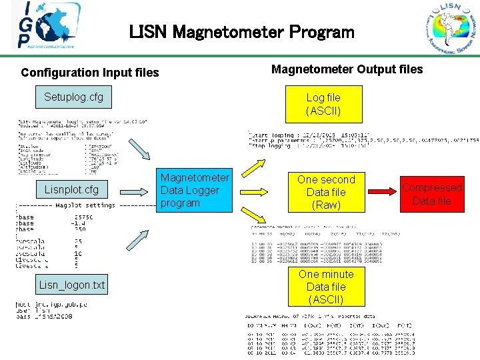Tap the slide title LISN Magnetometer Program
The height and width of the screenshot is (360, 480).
click(242, 31)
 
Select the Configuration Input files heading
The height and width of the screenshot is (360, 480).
click(90, 72)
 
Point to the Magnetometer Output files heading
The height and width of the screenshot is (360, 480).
click(347, 69)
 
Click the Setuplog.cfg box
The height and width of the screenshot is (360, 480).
click(73, 97)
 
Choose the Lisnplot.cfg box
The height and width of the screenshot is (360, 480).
click(71, 189)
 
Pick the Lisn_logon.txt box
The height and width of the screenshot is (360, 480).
click(72, 285)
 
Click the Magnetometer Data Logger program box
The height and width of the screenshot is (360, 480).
click(195, 190)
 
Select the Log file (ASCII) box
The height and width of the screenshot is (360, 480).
click(323, 104)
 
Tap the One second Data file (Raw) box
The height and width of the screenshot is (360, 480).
click(326, 192)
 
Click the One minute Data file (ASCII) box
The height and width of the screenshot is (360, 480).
click(326, 287)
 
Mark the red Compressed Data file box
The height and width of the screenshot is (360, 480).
click(431, 194)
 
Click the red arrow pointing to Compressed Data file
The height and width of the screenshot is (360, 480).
click(381, 192)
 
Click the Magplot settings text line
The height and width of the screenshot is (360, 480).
click(85, 205)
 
